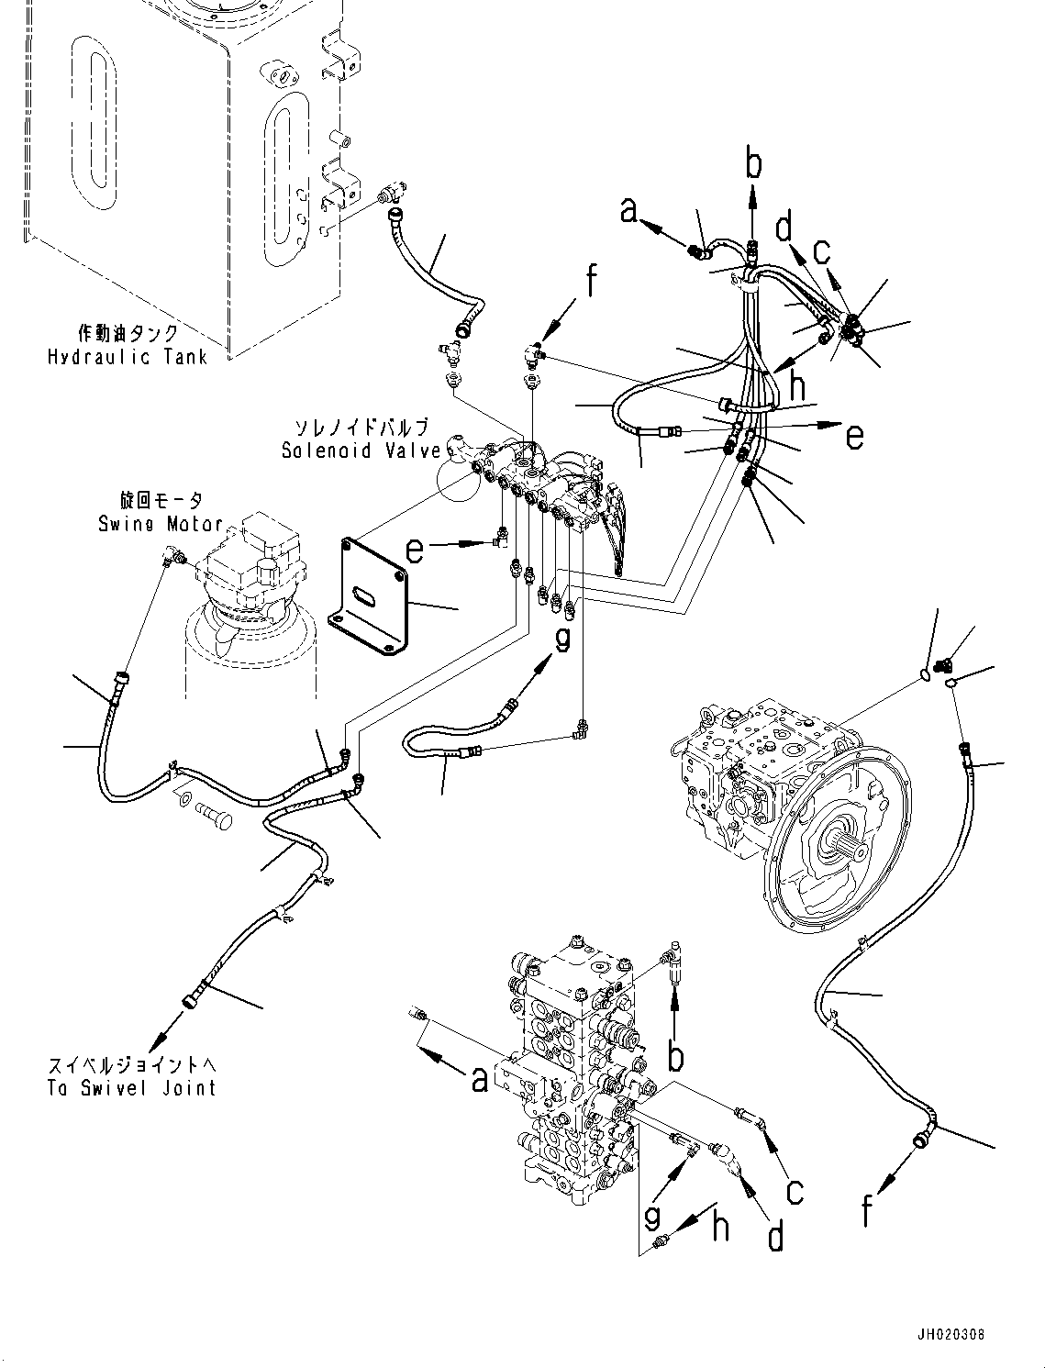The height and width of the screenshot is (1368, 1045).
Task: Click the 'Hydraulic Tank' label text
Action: pyautogui.click(x=128, y=357)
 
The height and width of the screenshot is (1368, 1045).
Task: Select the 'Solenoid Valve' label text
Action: pyautogui.click(x=361, y=450)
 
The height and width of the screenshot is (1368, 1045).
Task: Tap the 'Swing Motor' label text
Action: pyautogui.click(x=161, y=524)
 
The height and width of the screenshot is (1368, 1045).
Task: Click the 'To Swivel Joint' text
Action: pyautogui.click(x=132, y=1088)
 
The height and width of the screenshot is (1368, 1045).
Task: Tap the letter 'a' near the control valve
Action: pyautogui.click(x=479, y=1080)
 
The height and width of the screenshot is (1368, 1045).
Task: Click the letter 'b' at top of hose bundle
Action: pyautogui.click(x=753, y=165)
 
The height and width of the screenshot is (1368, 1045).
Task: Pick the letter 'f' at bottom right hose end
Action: pyautogui.click(x=867, y=1212)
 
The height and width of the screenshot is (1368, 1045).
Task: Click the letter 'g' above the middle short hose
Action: pyautogui.click(x=562, y=638)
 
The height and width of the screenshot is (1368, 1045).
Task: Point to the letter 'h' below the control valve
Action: pyautogui.click(x=721, y=1227)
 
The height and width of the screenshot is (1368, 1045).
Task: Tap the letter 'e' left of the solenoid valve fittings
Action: pyautogui.click(x=415, y=550)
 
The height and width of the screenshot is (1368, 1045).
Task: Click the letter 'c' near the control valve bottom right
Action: pyautogui.click(x=795, y=1191)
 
